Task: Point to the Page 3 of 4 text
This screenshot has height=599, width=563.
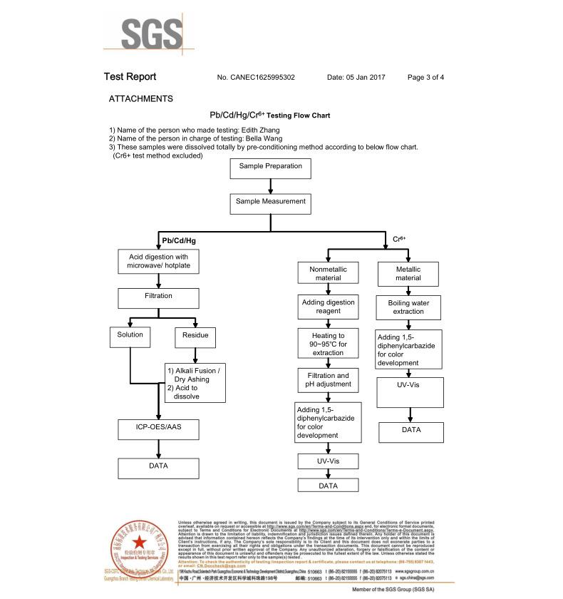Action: [425, 77]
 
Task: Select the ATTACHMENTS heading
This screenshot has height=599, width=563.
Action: [140, 98]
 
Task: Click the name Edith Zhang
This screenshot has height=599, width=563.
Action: [263, 130]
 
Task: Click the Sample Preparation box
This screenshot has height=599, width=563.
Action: [270, 168]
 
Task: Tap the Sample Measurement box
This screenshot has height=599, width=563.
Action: [270, 203]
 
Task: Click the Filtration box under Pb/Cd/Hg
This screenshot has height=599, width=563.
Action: [158, 297]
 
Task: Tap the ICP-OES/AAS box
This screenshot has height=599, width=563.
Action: [158, 429]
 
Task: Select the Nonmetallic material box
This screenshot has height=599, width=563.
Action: [325, 274]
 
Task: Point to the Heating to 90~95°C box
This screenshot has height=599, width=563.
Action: [328, 344]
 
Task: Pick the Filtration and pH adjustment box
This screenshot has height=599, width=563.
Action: [328, 381]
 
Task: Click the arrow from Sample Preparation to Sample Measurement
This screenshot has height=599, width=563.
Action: [270, 186]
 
